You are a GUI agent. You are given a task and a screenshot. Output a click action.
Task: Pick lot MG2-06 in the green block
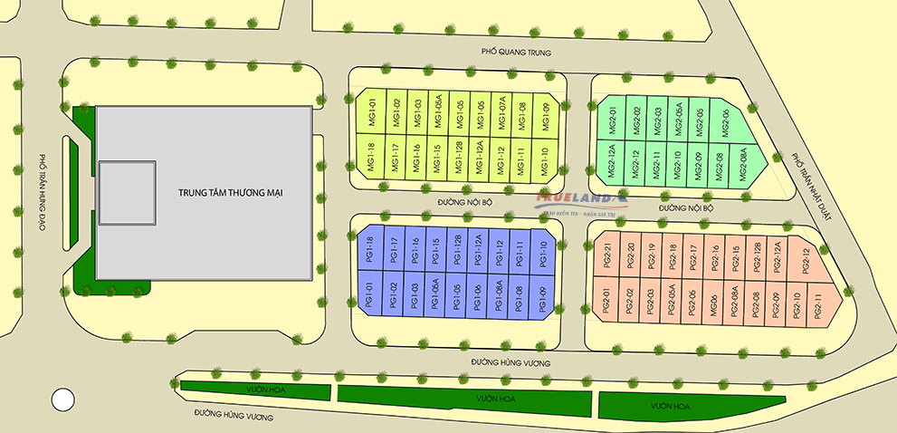tap(721, 119)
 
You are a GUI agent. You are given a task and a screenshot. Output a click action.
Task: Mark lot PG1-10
tap(541, 251)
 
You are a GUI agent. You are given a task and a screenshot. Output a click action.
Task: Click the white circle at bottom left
tap(62, 398)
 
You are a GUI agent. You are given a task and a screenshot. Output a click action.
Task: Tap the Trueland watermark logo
tap(577, 198)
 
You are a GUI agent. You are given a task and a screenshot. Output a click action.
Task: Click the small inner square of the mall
tap(126, 193)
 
